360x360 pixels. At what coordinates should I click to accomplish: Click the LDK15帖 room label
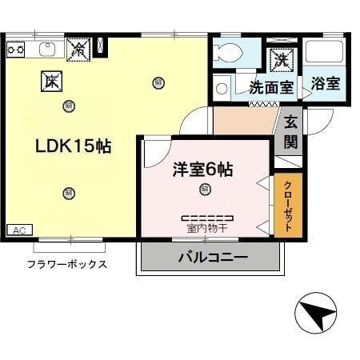(x=72, y=147)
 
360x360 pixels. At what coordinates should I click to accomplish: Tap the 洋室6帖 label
(x=203, y=170)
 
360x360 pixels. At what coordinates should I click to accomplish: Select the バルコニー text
(x=212, y=258)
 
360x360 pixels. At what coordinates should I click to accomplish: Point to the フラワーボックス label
(x=67, y=264)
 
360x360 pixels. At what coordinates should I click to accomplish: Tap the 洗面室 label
(x=270, y=87)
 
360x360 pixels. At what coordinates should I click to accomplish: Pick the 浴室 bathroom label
(x=325, y=83)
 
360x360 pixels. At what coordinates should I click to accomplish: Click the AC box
(x=19, y=230)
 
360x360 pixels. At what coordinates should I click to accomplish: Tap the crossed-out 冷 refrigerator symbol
(x=78, y=49)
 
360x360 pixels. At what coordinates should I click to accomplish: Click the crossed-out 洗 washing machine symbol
(x=281, y=58)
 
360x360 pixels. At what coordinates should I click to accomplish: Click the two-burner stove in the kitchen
(x=16, y=49)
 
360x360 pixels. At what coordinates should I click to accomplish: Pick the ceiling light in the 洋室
(x=206, y=190)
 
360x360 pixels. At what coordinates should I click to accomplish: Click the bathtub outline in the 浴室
(x=326, y=54)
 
